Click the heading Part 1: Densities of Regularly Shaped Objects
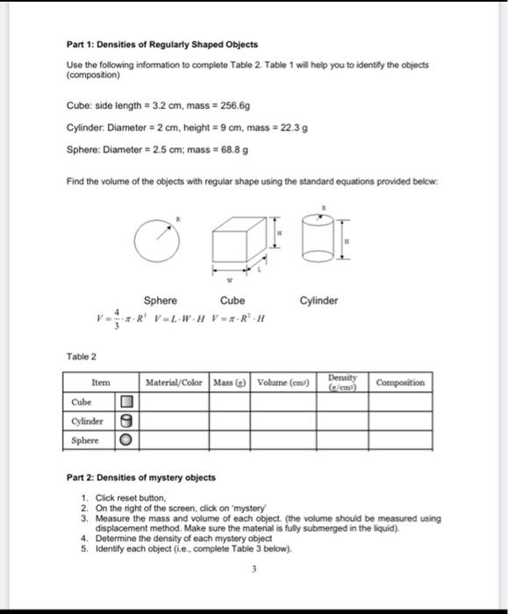(x=162, y=44)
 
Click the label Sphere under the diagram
(x=160, y=301)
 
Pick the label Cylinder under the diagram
(x=318, y=301)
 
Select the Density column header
(x=342, y=382)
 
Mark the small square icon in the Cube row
(x=125, y=402)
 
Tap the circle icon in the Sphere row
(x=125, y=439)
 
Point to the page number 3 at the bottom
(x=251, y=568)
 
